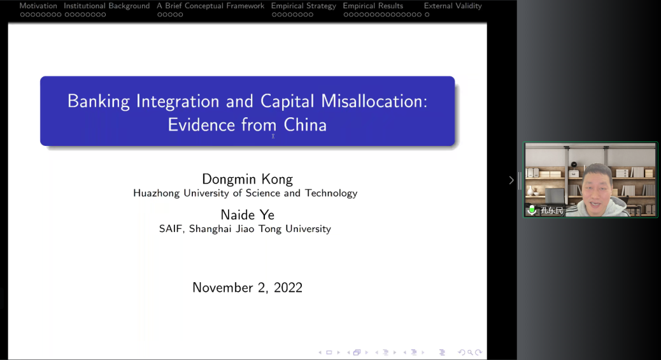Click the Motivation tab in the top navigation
[38, 6]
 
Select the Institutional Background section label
[106, 6]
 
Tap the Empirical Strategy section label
[304, 6]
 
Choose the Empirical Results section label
[373, 6]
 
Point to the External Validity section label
[453, 6]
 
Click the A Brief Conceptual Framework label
[210, 6]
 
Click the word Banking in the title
[98, 101]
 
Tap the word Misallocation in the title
[374, 101]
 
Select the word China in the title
[305, 125]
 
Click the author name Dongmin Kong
[248, 179]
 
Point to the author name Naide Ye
[248, 215]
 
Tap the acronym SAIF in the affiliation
[171, 229]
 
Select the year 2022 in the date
[288, 288]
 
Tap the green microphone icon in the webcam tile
[532, 210]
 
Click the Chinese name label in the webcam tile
[552, 211]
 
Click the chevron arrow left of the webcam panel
[511, 180]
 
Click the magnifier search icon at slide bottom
[470, 352]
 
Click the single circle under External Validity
[427, 15]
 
